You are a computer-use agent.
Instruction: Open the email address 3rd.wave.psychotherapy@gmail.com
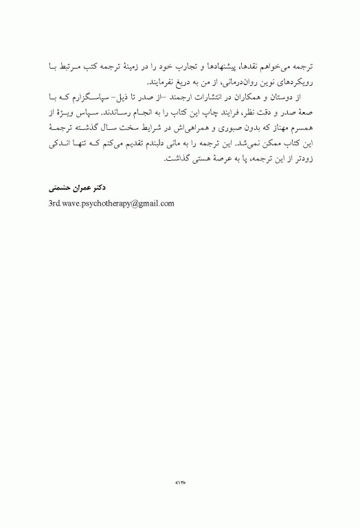(x=111, y=203)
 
